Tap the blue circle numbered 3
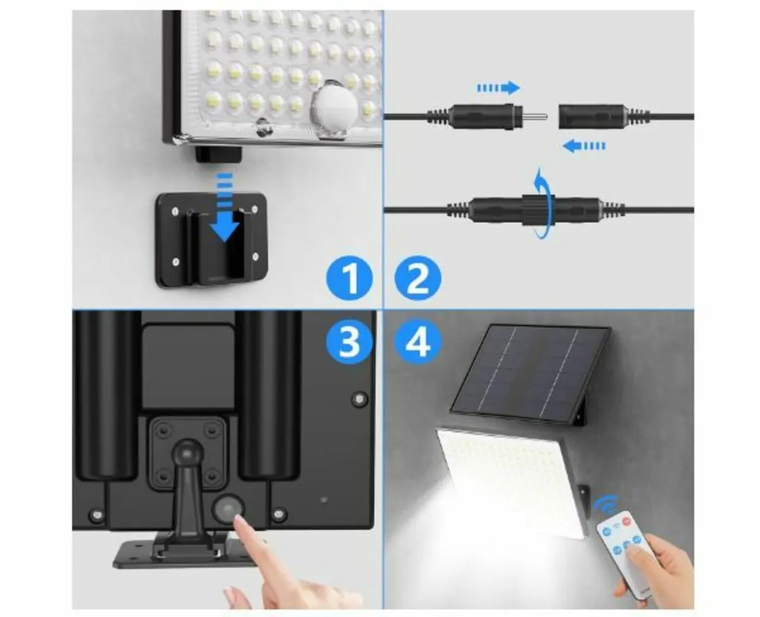(x=348, y=343)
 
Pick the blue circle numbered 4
(x=417, y=343)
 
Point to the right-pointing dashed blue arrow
(x=498, y=87)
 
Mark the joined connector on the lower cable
(x=538, y=210)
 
